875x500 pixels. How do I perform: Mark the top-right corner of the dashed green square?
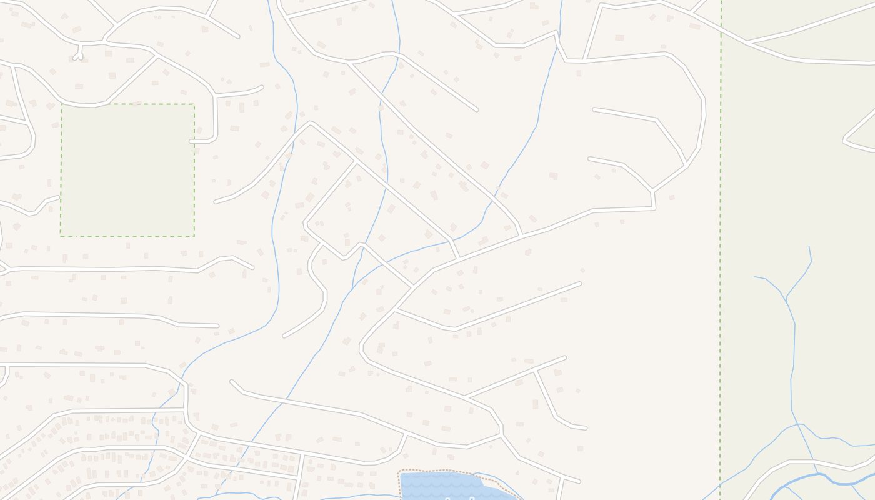coord(194,105)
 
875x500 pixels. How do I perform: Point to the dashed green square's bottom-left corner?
coord(61,236)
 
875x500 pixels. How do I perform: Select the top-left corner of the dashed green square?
coord(61,105)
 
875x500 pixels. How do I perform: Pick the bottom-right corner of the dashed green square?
coord(194,236)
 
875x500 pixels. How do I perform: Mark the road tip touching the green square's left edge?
coord(59,197)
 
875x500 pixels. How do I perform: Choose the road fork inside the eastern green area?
coord(747,42)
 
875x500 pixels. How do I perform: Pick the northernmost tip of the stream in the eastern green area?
coord(809,246)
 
